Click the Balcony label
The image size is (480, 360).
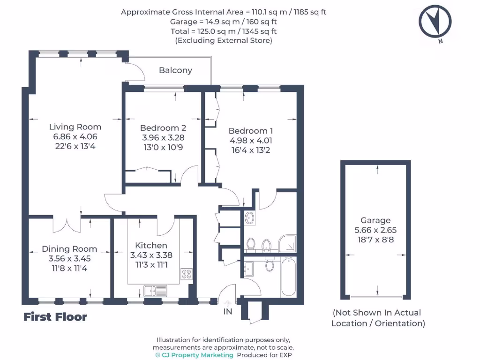pyautogui.click(x=175, y=70)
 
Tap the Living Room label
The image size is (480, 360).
pyautogui.click(x=75, y=127)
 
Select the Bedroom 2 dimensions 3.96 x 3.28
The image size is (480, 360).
pyautogui.click(x=163, y=137)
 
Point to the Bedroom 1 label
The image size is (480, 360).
pyautogui.click(x=251, y=131)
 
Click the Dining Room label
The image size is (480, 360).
pyautogui.click(x=69, y=249)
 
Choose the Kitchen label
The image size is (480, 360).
pyautogui.click(x=151, y=245)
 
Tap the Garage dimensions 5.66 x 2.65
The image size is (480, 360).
pyautogui.click(x=375, y=230)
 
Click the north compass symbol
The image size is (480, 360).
pyautogui.click(x=435, y=22)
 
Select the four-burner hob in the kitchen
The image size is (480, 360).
pyautogui.click(x=187, y=274)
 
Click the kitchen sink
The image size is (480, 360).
pyautogui.click(x=155, y=291)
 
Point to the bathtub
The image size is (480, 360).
pyautogui.click(x=288, y=277)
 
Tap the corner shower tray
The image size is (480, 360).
pyautogui.click(x=287, y=243)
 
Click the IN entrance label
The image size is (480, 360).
pyautogui.click(x=228, y=312)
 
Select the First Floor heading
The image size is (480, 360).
pyautogui.click(x=55, y=317)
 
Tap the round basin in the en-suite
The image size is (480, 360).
pyautogui.click(x=249, y=218)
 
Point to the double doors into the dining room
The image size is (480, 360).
pyautogui.click(x=67, y=225)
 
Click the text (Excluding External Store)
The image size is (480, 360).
pyautogui.click(x=224, y=41)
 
